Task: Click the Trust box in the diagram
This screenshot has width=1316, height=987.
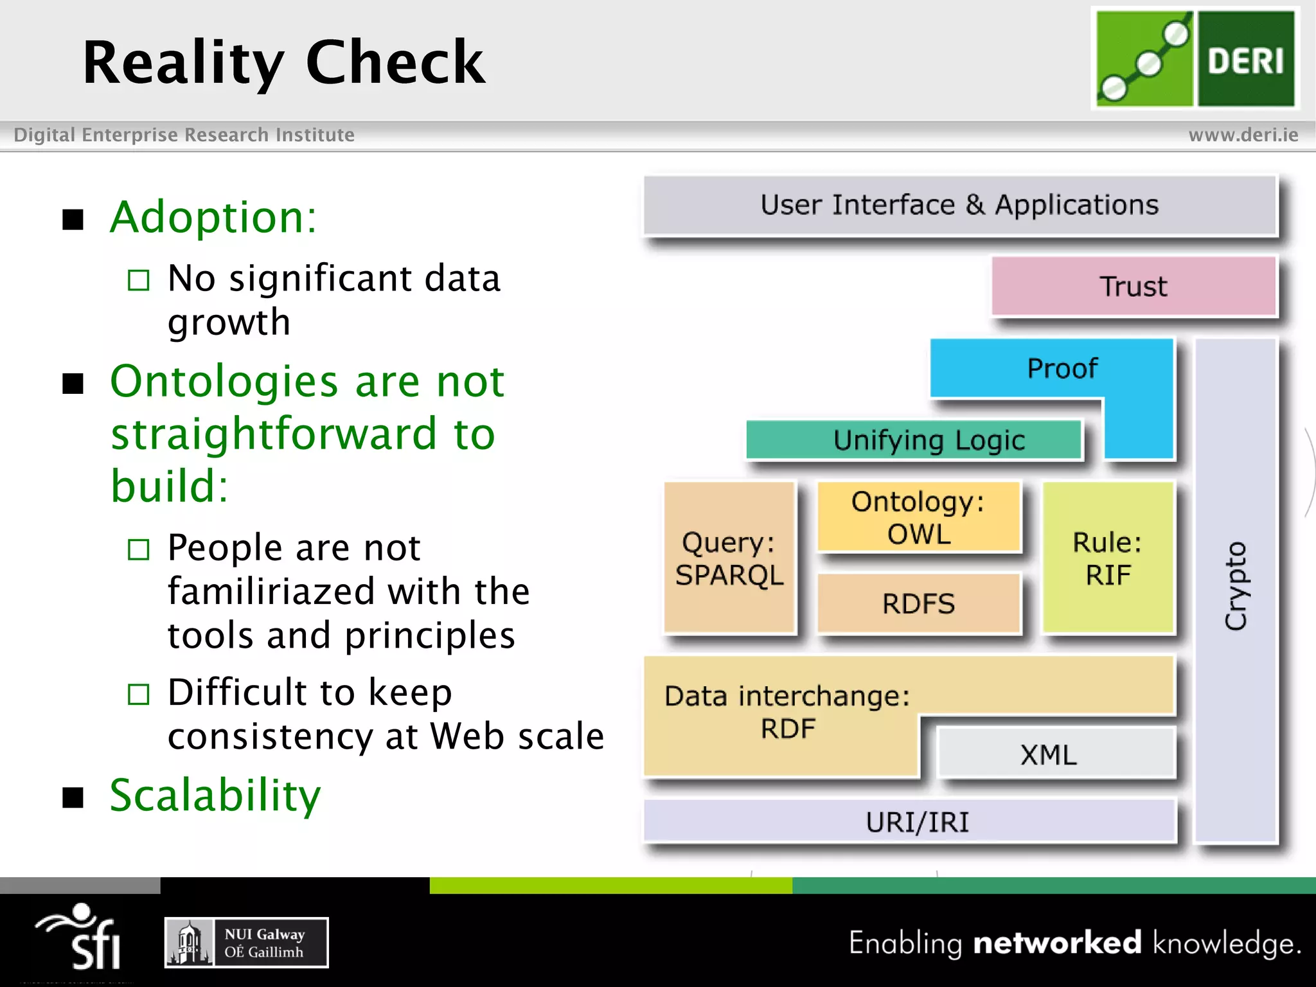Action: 1133,286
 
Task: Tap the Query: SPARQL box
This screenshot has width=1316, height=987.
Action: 729,558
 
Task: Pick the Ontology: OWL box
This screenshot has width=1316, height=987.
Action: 918,517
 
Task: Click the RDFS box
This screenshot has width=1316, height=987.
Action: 918,603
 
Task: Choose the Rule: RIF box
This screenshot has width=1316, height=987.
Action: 1108,558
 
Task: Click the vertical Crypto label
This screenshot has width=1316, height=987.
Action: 1235,586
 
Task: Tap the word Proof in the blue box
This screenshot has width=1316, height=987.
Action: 1062,368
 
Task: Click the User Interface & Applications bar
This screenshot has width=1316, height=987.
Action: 959,205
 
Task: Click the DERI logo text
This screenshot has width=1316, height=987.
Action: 1245,61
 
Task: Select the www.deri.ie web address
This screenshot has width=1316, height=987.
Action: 1243,135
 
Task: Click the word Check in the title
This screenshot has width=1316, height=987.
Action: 395,62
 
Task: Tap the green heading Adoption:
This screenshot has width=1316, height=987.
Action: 213,217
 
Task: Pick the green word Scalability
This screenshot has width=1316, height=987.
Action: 215,796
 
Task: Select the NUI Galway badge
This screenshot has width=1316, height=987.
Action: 247,943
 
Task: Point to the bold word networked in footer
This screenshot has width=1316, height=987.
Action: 1057,943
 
